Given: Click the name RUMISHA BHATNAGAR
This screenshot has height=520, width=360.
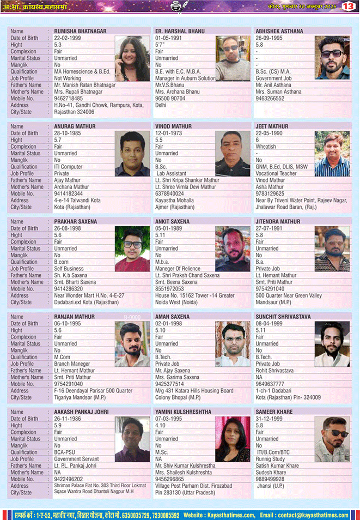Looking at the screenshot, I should tap(80, 32).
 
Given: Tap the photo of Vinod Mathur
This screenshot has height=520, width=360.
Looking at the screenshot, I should tap(233, 153).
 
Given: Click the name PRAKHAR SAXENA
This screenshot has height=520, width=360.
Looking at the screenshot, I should tap(75, 222).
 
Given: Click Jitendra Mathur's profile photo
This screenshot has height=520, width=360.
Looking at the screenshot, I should tap(332, 249).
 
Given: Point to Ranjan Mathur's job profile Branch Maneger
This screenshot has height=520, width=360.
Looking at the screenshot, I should tap(72, 364).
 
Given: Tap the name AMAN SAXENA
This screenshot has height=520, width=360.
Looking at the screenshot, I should tap(173, 317).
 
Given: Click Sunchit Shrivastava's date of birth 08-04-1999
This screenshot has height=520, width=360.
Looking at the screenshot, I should tap(270, 324).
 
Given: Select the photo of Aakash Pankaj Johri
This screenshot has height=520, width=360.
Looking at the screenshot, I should tap(132, 439).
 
